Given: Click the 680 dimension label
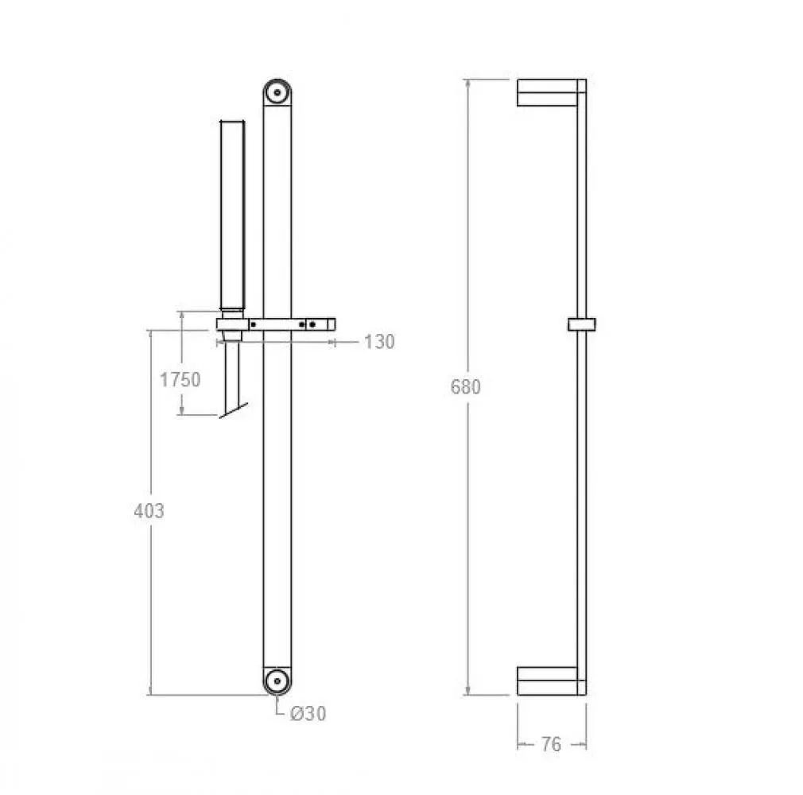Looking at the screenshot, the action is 466,386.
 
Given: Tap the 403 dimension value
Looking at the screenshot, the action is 149,510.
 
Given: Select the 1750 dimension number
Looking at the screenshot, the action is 180,379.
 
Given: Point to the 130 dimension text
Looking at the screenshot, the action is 379,342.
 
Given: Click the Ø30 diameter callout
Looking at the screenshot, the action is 308,714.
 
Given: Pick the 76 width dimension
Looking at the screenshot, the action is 552,744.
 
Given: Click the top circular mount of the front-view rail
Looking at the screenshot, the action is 277,93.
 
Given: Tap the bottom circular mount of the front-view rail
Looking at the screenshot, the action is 277,681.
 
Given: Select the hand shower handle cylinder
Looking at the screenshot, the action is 232,215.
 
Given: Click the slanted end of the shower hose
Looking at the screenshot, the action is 234,410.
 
